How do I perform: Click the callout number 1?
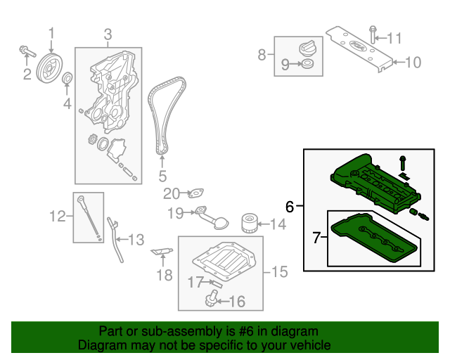click(x=50, y=33)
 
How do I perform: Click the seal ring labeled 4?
click(x=67, y=79)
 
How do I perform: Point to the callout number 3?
click(x=108, y=34)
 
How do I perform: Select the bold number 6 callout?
click(x=290, y=206)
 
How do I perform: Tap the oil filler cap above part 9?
click(x=307, y=49)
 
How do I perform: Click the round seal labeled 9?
click(x=307, y=65)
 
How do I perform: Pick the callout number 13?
click(x=136, y=239)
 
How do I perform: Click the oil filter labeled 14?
click(x=248, y=224)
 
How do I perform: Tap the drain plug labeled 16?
click(x=210, y=301)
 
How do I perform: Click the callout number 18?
click(x=163, y=275)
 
